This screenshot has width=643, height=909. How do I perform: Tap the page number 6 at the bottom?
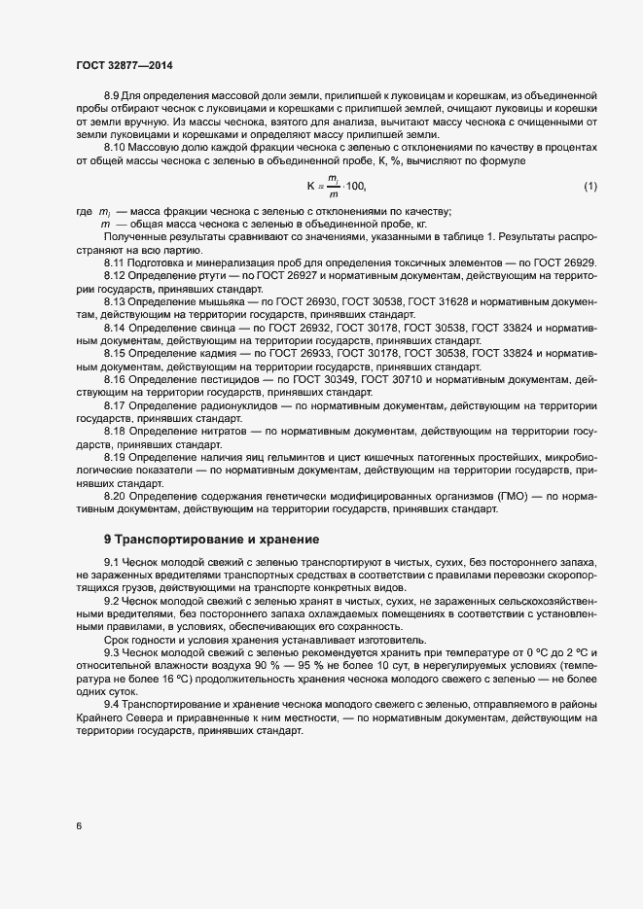pyautogui.click(x=79, y=826)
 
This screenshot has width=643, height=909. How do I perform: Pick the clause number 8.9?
pyautogui.click(x=112, y=95)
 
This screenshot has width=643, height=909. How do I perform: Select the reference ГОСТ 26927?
pyautogui.click(x=298, y=275)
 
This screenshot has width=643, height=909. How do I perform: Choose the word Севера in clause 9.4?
pyautogui.click(x=139, y=717)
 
